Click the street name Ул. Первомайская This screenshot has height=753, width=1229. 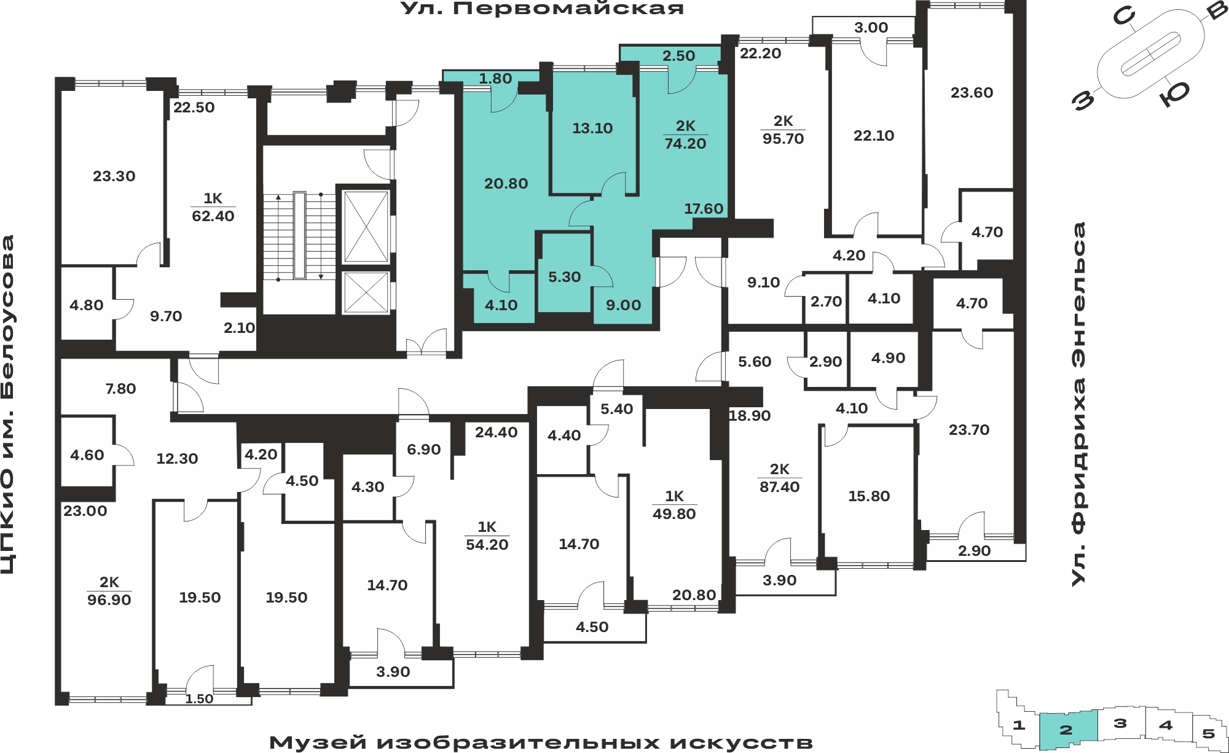click(542, 9)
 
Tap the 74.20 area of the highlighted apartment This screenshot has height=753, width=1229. click(685, 144)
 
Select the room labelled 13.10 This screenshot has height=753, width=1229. click(592, 128)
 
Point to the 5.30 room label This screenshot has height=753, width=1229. click(564, 277)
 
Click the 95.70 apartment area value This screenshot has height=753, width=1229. click(783, 139)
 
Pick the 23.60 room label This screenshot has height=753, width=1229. click(972, 93)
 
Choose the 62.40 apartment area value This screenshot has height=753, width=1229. click(213, 216)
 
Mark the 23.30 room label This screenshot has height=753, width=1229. click(114, 176)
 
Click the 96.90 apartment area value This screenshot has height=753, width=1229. click(109, 600)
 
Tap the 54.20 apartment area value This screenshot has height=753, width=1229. click(487, 545)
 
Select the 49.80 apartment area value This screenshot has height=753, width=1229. click(674, 514)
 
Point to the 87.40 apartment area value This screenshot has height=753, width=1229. click(779, 487)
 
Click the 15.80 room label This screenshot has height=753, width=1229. click(869, 496)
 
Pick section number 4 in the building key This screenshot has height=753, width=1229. click(1166, 725)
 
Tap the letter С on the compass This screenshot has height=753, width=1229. click(1123, 17)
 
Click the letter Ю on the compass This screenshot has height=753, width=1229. click(1175, 94)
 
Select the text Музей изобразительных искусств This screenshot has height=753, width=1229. click(541, 743)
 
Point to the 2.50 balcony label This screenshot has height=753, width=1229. click(678, 56)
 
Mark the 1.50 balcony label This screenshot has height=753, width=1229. click(199, 699)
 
